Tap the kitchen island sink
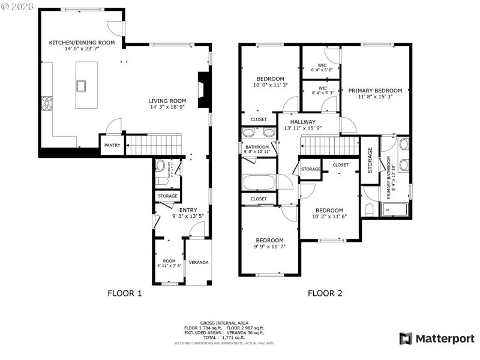click(81, 85)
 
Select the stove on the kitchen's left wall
click(46, 104)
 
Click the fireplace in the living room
click(204, 90)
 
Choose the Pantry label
click(112, 145)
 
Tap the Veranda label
click(199, 263)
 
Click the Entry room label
click(188, 213)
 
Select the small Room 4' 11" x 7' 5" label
click(169, 263)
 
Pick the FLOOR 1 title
click(124, 293)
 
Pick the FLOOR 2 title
click(325, 293)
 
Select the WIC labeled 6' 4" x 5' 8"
click(322, 67)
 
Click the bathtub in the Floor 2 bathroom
click(258, 182)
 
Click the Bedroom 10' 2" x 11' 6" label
click(330, 213)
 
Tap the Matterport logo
click(437, 338)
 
